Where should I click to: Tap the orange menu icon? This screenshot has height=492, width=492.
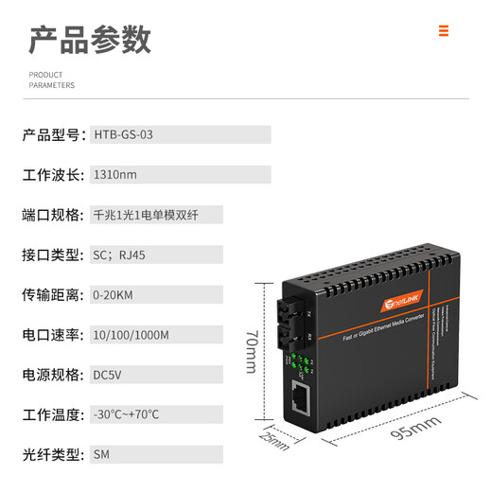click(443, 31)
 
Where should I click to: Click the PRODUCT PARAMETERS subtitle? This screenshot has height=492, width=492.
click(51, 79)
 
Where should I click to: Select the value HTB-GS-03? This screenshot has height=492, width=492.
click(123, 135)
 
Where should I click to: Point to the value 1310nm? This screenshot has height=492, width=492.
click(114, 175)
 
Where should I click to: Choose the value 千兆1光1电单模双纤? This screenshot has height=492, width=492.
click(145, 215)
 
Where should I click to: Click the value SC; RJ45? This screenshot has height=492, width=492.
click(120, 255)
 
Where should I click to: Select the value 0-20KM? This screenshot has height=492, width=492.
click(113, 294)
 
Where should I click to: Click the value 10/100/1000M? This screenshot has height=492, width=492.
click(131, 334)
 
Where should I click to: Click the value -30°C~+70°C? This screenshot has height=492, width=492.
click(126, 413)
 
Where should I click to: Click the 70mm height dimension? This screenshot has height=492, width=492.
click(249, 350)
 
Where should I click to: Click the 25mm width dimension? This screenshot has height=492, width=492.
click(274, 440)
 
